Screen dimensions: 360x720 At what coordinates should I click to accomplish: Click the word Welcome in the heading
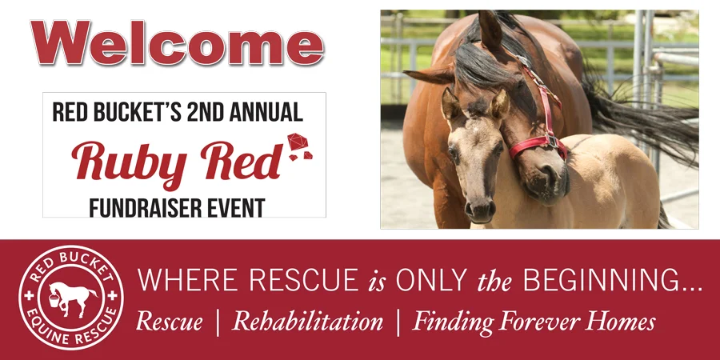pyautogui.click(x=177, y=43)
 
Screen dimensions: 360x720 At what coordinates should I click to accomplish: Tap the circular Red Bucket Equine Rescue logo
pyautogui.click(x=71, y=298)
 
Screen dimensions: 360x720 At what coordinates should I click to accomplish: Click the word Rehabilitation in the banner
pyautogui.click(x=308, y=322)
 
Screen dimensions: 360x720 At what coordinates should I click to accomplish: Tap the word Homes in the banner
pyautogui.click(x=621, y=322)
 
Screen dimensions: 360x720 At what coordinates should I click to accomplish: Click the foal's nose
pyautogui.click(x=480, y=209)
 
